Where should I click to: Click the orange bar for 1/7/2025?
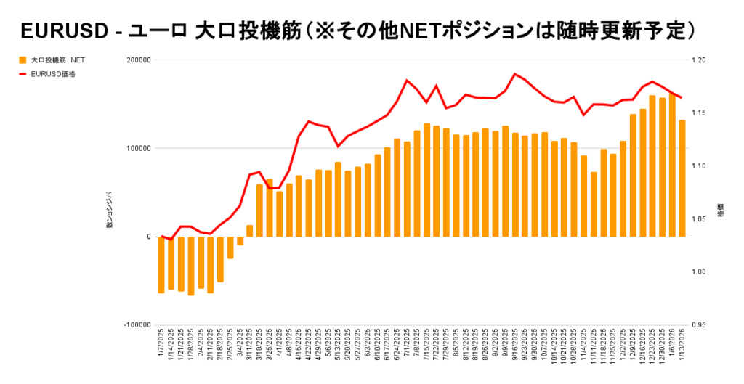(x=161, y=265)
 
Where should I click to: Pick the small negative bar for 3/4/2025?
(x=240, y=241)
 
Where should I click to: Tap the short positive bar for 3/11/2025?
(x=250, y=231)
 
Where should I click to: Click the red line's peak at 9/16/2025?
(x=514, y=74)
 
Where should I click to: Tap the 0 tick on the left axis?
(x=147, y=237)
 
